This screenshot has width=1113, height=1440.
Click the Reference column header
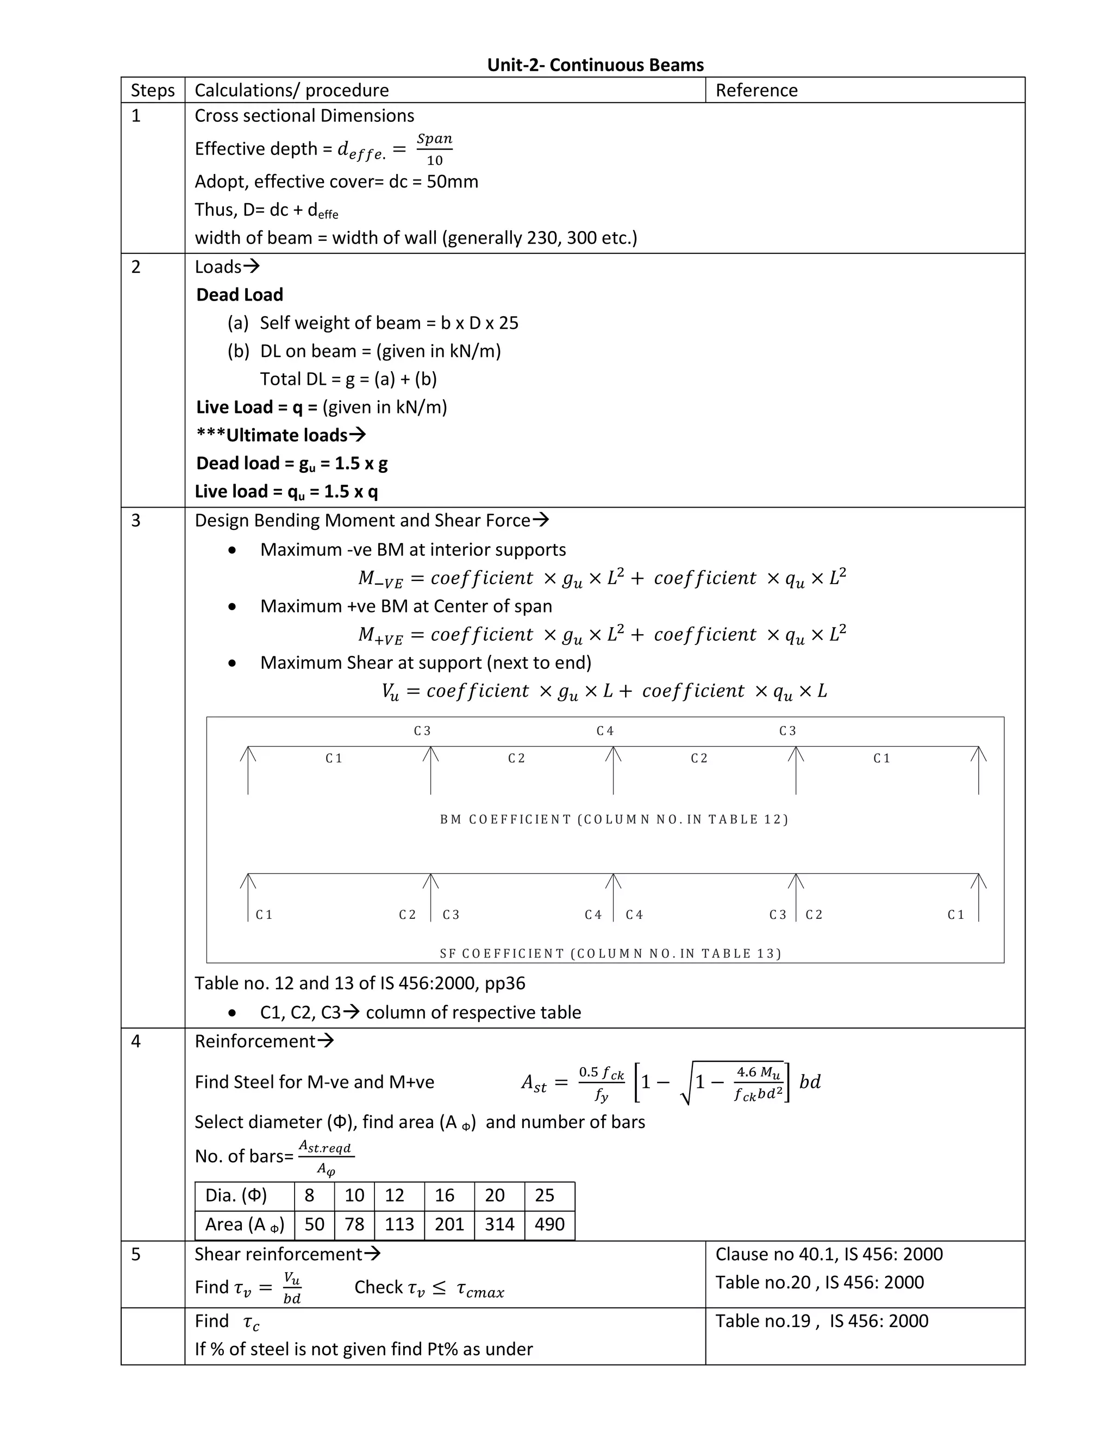point(756,90)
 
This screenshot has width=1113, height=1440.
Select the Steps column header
point(152,90)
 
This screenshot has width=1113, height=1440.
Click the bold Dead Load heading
point(239,295)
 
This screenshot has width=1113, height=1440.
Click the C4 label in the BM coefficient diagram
point(605,730)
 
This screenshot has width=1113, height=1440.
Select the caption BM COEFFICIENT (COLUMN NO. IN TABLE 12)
point(614,819)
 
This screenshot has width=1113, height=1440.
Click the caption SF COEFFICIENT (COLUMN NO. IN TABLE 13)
point(610,954)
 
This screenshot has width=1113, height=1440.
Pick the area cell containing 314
point(499,1224)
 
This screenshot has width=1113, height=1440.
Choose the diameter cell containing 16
point(445,1195)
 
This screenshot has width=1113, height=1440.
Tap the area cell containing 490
point(549,1224)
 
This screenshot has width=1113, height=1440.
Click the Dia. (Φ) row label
point(236,1195)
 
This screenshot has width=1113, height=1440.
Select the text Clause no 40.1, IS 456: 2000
point(829,1254)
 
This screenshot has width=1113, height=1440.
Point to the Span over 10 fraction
point(435,149)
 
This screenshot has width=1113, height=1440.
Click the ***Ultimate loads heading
point(281,435)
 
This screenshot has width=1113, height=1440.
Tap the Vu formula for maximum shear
point(603,691)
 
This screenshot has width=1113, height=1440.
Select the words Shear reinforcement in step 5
point(278,1254)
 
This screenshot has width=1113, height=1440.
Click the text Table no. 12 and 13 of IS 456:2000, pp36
point(360,983)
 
